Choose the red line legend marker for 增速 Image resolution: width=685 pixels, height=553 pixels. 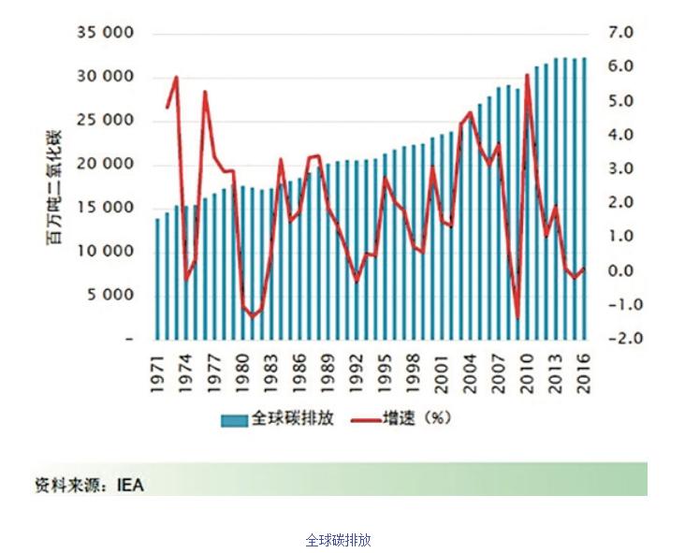362,419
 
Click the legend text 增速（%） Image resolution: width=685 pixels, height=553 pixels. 419,418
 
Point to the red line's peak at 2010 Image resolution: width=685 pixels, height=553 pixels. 528,76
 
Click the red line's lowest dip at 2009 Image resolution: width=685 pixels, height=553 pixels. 517,317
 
